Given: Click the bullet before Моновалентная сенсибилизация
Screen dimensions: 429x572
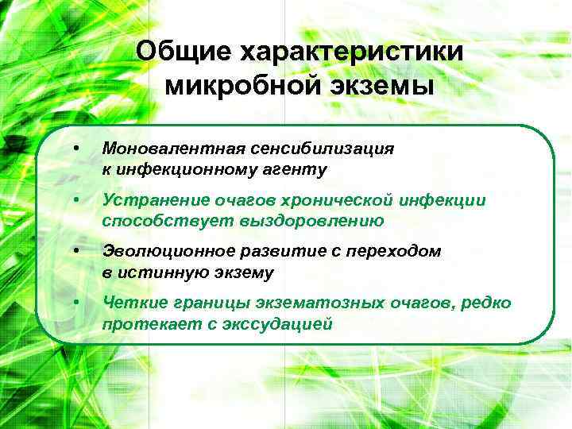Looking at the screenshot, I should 75,149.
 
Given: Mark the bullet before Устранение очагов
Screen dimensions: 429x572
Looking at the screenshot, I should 75,200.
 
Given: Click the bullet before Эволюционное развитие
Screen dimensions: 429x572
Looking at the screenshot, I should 75,252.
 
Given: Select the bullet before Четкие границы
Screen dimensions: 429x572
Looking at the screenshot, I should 75,303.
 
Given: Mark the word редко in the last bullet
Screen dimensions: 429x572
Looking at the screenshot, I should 486,303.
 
